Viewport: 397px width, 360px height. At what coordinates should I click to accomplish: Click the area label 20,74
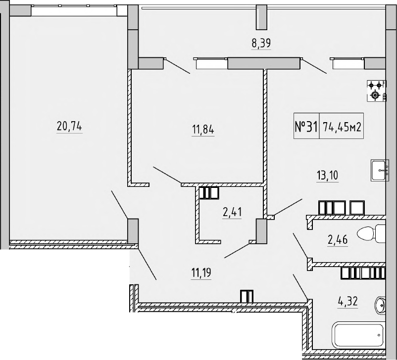point(69,127)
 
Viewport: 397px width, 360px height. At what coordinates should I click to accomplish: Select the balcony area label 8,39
point(261,43)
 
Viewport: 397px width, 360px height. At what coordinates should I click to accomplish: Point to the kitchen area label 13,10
point(327,174)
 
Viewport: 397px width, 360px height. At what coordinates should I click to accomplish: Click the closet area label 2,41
point(232,213)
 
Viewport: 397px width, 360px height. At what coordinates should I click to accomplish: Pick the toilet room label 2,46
point(337,240)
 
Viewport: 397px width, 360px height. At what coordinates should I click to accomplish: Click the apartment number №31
point(306,127)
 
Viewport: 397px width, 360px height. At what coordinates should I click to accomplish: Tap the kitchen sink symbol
point(380,171)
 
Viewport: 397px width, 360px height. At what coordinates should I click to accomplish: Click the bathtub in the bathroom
point(358,335)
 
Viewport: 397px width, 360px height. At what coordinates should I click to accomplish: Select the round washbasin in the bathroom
point(381,305)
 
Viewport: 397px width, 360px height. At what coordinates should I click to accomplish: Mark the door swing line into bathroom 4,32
point(301,286)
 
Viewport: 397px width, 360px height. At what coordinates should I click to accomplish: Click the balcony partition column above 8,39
point(261,17)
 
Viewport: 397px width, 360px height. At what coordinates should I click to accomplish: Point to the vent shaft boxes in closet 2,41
point(208,192)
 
